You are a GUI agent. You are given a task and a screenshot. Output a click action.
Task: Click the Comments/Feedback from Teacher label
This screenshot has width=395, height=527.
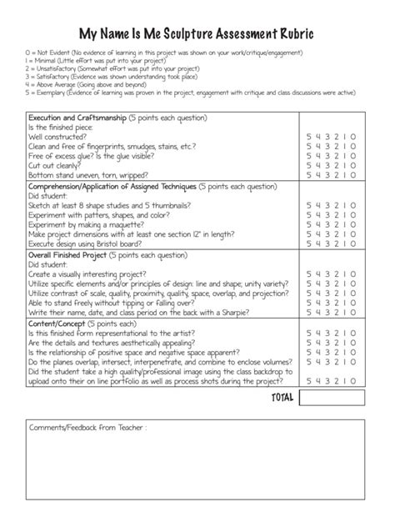tap(87, 428)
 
